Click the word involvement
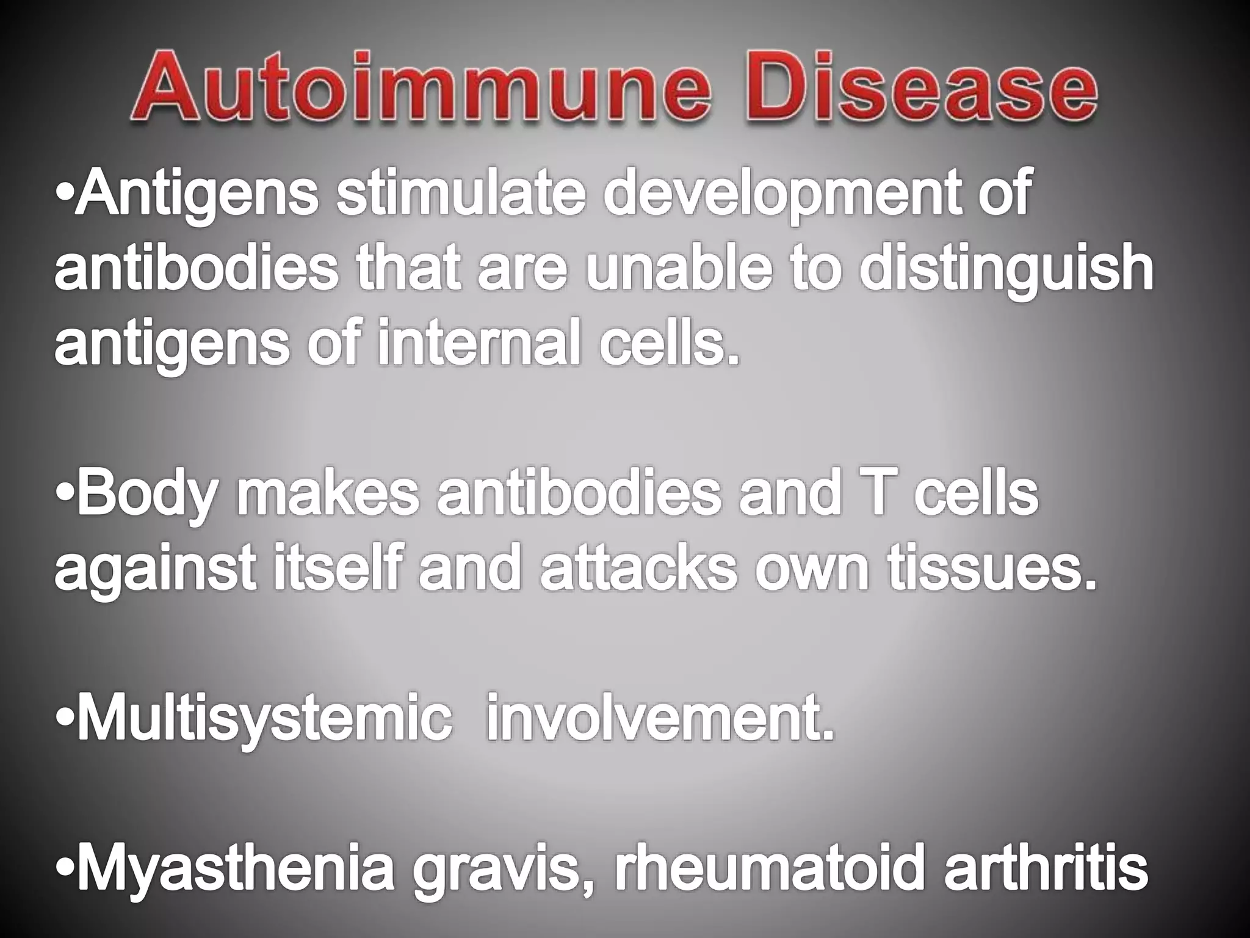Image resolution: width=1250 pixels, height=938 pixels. [x=659, y=721]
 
